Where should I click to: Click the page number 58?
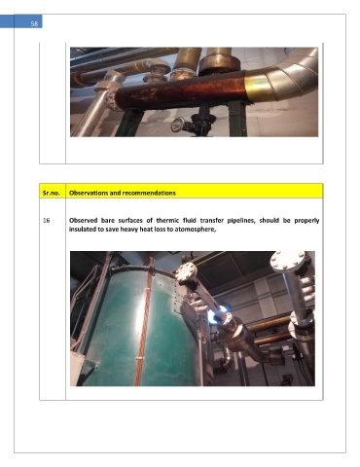point(34,23)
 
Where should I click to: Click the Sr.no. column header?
point(52,193)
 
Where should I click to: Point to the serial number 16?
point(47,221)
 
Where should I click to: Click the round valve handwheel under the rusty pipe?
point(178,125)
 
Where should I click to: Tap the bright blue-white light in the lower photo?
point(217,315)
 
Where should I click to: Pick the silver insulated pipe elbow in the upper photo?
point(288,76)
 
